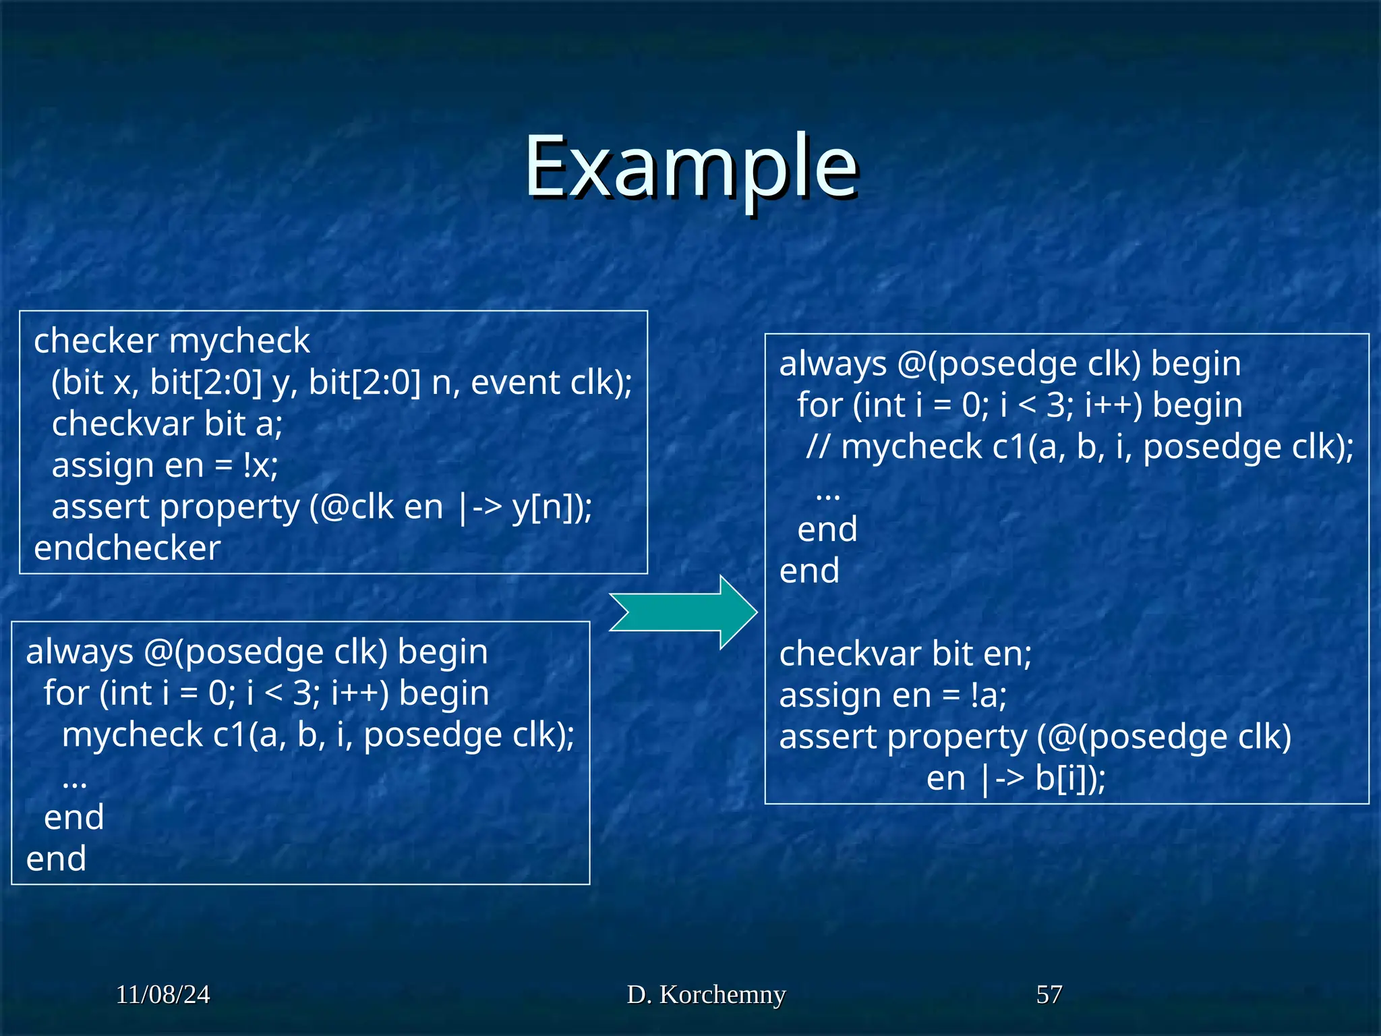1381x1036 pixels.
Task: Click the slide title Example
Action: pos(690,167)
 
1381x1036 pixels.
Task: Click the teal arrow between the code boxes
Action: pos(682,612)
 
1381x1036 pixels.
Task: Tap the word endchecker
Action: pos(127,548)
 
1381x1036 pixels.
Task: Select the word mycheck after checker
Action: pos(239,341)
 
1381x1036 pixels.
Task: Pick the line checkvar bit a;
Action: pos(167,424)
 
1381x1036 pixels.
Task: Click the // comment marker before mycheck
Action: pos(818,447)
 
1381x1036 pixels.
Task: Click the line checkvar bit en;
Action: pos(905,654)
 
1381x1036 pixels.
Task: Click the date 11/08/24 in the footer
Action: pos(163,994)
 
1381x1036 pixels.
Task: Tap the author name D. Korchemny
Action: pos(706,994)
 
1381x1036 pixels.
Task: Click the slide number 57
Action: pos(1049,994)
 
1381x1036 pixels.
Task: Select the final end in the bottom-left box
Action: pos(56,859)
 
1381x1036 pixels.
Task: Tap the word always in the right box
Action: pos(832,364)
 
